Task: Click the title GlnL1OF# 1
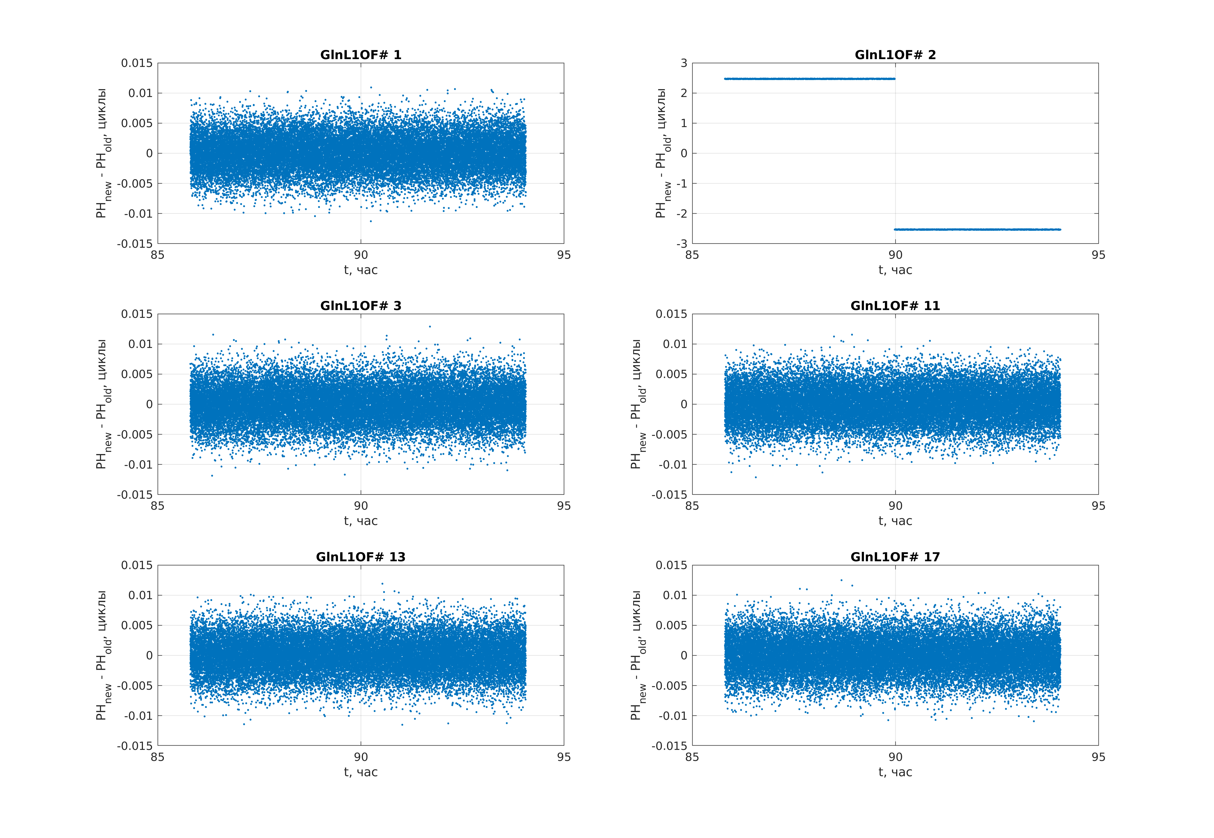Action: point(361,55)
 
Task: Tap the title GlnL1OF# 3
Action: point(361,305)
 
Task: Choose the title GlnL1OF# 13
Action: point(361,557)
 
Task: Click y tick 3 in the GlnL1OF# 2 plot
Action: point(683,63)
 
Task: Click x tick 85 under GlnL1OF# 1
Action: point(157,255)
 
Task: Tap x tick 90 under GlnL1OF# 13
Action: point(361,757)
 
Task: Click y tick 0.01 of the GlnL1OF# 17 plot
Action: point(675,595)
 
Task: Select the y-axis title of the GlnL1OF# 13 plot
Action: point(103,655)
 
